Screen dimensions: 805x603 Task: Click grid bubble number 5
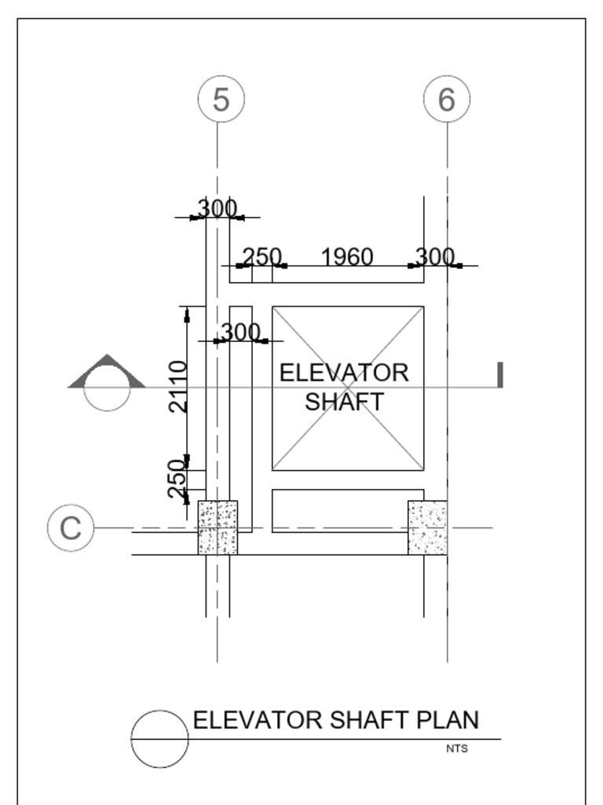coord(221,100)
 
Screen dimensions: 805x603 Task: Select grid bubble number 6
coord(447,100)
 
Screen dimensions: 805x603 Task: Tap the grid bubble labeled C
coord(71,527)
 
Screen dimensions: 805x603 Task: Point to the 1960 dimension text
coord(347,257)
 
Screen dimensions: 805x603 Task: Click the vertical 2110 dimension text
coord(179,387)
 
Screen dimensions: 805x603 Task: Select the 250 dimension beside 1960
coord(261,257)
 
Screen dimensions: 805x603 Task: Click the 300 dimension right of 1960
coord(435,257)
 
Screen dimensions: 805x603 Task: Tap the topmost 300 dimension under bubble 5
coord(217,208)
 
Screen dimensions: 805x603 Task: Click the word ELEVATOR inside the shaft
coord(344,373)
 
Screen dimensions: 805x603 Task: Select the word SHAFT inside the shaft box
coord(344,402)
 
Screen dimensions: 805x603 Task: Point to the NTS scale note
coord(457,749)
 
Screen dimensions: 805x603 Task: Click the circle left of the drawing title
coord(159,739)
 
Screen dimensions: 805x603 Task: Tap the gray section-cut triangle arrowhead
coord(107,372)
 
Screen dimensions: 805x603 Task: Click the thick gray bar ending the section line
coord(499,375)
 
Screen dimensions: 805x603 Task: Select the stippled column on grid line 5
coord(217,527)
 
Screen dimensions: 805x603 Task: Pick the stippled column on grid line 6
coord(427,527)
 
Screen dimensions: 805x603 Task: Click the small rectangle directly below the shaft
coord(347,510)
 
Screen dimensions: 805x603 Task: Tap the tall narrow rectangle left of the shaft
coord(241,418)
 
